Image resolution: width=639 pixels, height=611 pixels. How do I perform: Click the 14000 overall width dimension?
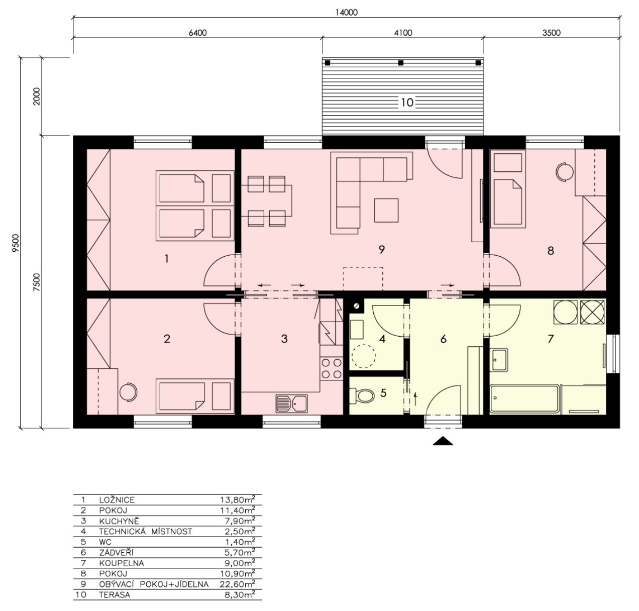(x=347, y=13)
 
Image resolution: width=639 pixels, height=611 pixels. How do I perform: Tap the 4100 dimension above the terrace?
(x=403, y=33)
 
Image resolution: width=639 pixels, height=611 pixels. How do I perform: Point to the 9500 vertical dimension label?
(x=16, y=243)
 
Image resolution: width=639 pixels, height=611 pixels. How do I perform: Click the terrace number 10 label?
(x=407, y=103)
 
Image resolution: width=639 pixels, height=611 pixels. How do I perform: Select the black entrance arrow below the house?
(x=443, y=441)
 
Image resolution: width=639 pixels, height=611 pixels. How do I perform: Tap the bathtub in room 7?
(x=524, y=398)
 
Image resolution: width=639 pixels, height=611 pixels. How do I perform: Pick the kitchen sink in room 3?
(x=291, y=403)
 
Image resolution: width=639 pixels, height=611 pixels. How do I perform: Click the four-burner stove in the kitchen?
(x=332, y=368)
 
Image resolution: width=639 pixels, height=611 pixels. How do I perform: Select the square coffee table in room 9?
(x=386, y=210)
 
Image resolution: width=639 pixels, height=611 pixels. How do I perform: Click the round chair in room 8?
(x=565, y=171)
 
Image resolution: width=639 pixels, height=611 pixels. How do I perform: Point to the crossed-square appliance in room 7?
(x=592, y=312)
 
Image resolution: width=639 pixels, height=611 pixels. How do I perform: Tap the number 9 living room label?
(x=381, y=249)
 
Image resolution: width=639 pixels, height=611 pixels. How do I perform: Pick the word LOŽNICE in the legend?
(x=117, y=499)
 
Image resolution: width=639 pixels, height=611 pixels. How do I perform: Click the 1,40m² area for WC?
(x=240, y=542)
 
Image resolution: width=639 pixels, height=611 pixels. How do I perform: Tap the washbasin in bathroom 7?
(x=498, y=359)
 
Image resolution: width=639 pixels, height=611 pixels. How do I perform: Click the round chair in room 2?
(x=129, y=391)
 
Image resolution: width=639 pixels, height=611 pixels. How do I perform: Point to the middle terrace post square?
(x=400, y=62)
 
